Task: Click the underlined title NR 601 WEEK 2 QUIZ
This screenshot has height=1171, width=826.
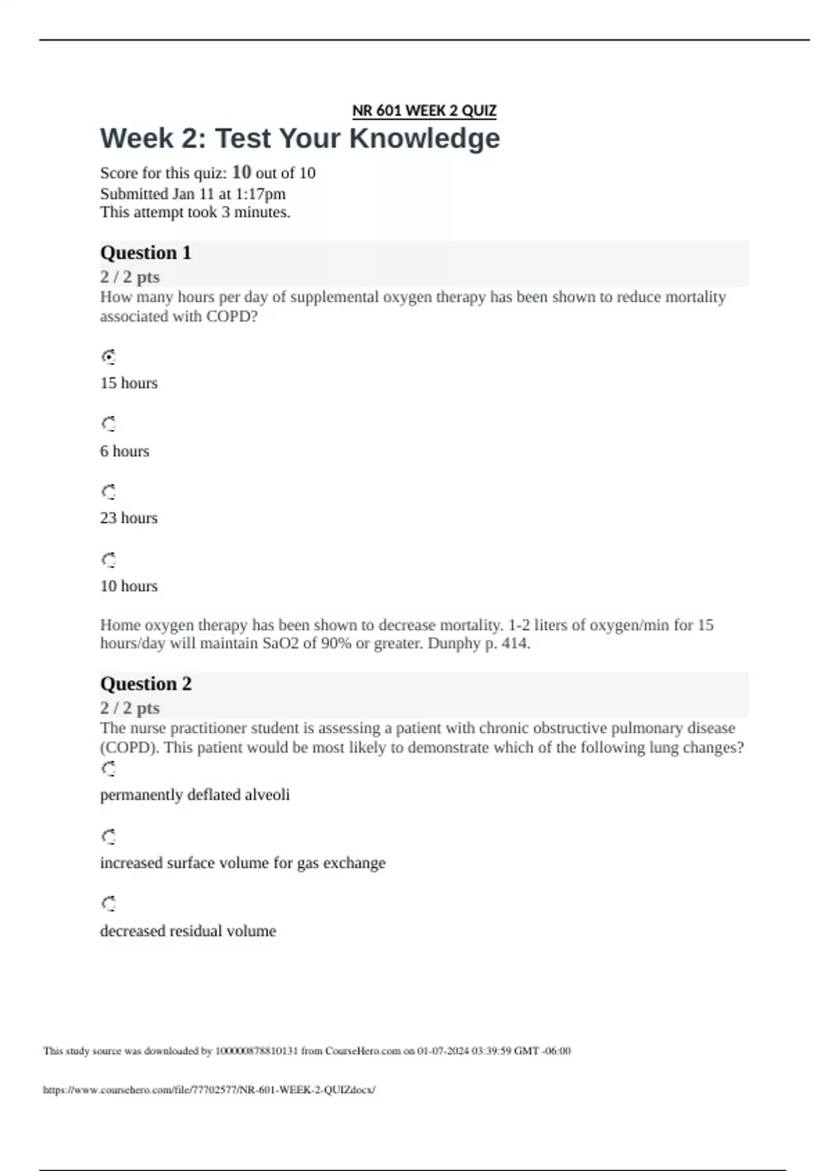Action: (424, 111)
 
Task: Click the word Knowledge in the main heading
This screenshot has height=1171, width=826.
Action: (424, 138)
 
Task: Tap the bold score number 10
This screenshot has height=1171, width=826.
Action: (241, 172)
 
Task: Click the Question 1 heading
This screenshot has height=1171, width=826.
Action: (146, 253)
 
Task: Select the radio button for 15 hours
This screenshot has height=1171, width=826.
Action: (109, 357)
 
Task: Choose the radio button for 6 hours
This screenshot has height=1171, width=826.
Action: (109, 424)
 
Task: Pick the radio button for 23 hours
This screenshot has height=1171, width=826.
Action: (109, 492)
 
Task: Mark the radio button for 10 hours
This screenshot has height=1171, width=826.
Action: (109, 559)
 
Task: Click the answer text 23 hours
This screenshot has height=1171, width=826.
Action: (129, 518)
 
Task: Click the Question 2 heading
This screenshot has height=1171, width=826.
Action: (146, 684)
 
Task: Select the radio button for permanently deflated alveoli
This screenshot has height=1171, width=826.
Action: (109, 769)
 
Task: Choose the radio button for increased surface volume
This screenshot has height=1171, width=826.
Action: (109, 837)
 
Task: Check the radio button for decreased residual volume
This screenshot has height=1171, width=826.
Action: (109, 904)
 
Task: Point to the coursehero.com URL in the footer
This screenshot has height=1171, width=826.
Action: (209, 1090)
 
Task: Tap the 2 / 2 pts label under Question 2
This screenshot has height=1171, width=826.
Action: (130, 708)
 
